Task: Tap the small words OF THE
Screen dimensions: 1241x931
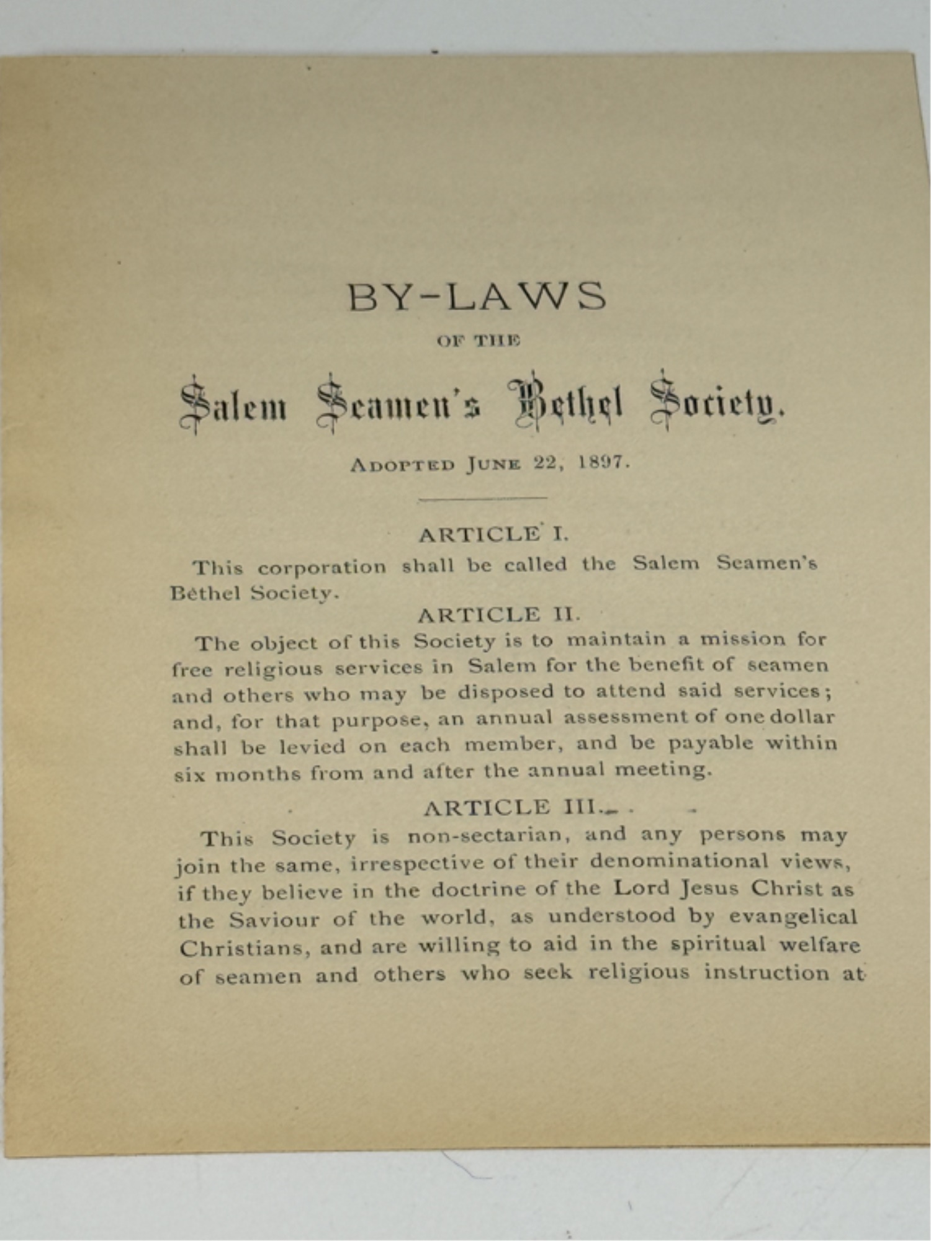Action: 478,341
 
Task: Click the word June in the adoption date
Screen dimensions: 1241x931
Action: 493,464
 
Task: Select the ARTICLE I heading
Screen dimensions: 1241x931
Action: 493,534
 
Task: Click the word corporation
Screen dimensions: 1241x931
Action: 322,567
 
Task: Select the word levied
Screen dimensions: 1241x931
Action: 312,746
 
